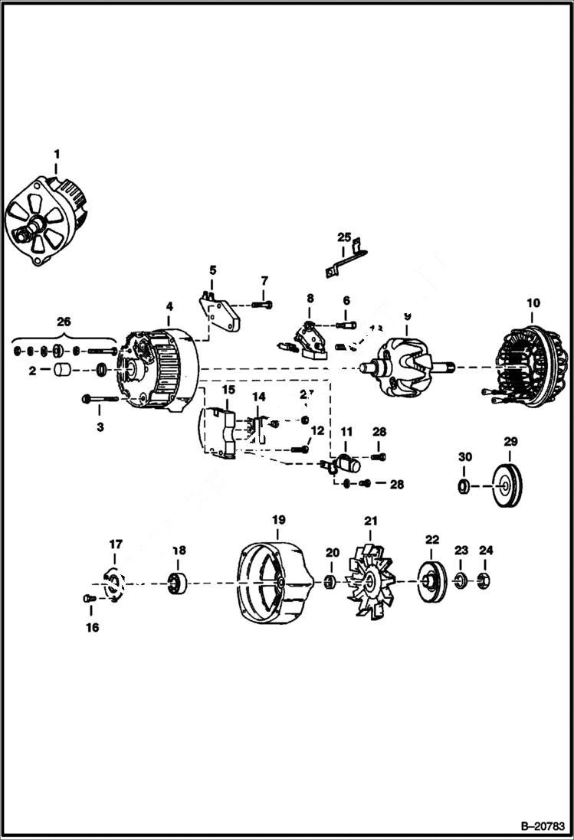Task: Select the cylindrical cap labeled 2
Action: (61, 372)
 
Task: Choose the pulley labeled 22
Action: (430, 581)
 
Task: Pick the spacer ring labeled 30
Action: (464, 486)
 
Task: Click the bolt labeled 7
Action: (261, 306)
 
